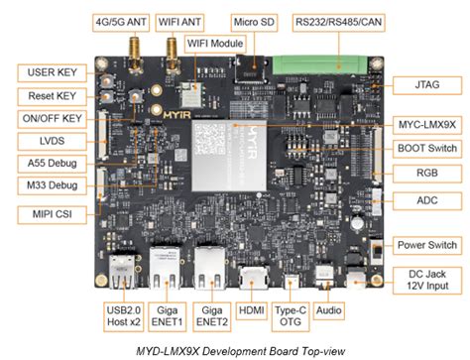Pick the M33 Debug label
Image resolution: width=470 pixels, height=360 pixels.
43,185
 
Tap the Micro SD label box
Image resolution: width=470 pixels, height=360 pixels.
254,20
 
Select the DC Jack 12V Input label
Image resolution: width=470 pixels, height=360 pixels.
425,281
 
